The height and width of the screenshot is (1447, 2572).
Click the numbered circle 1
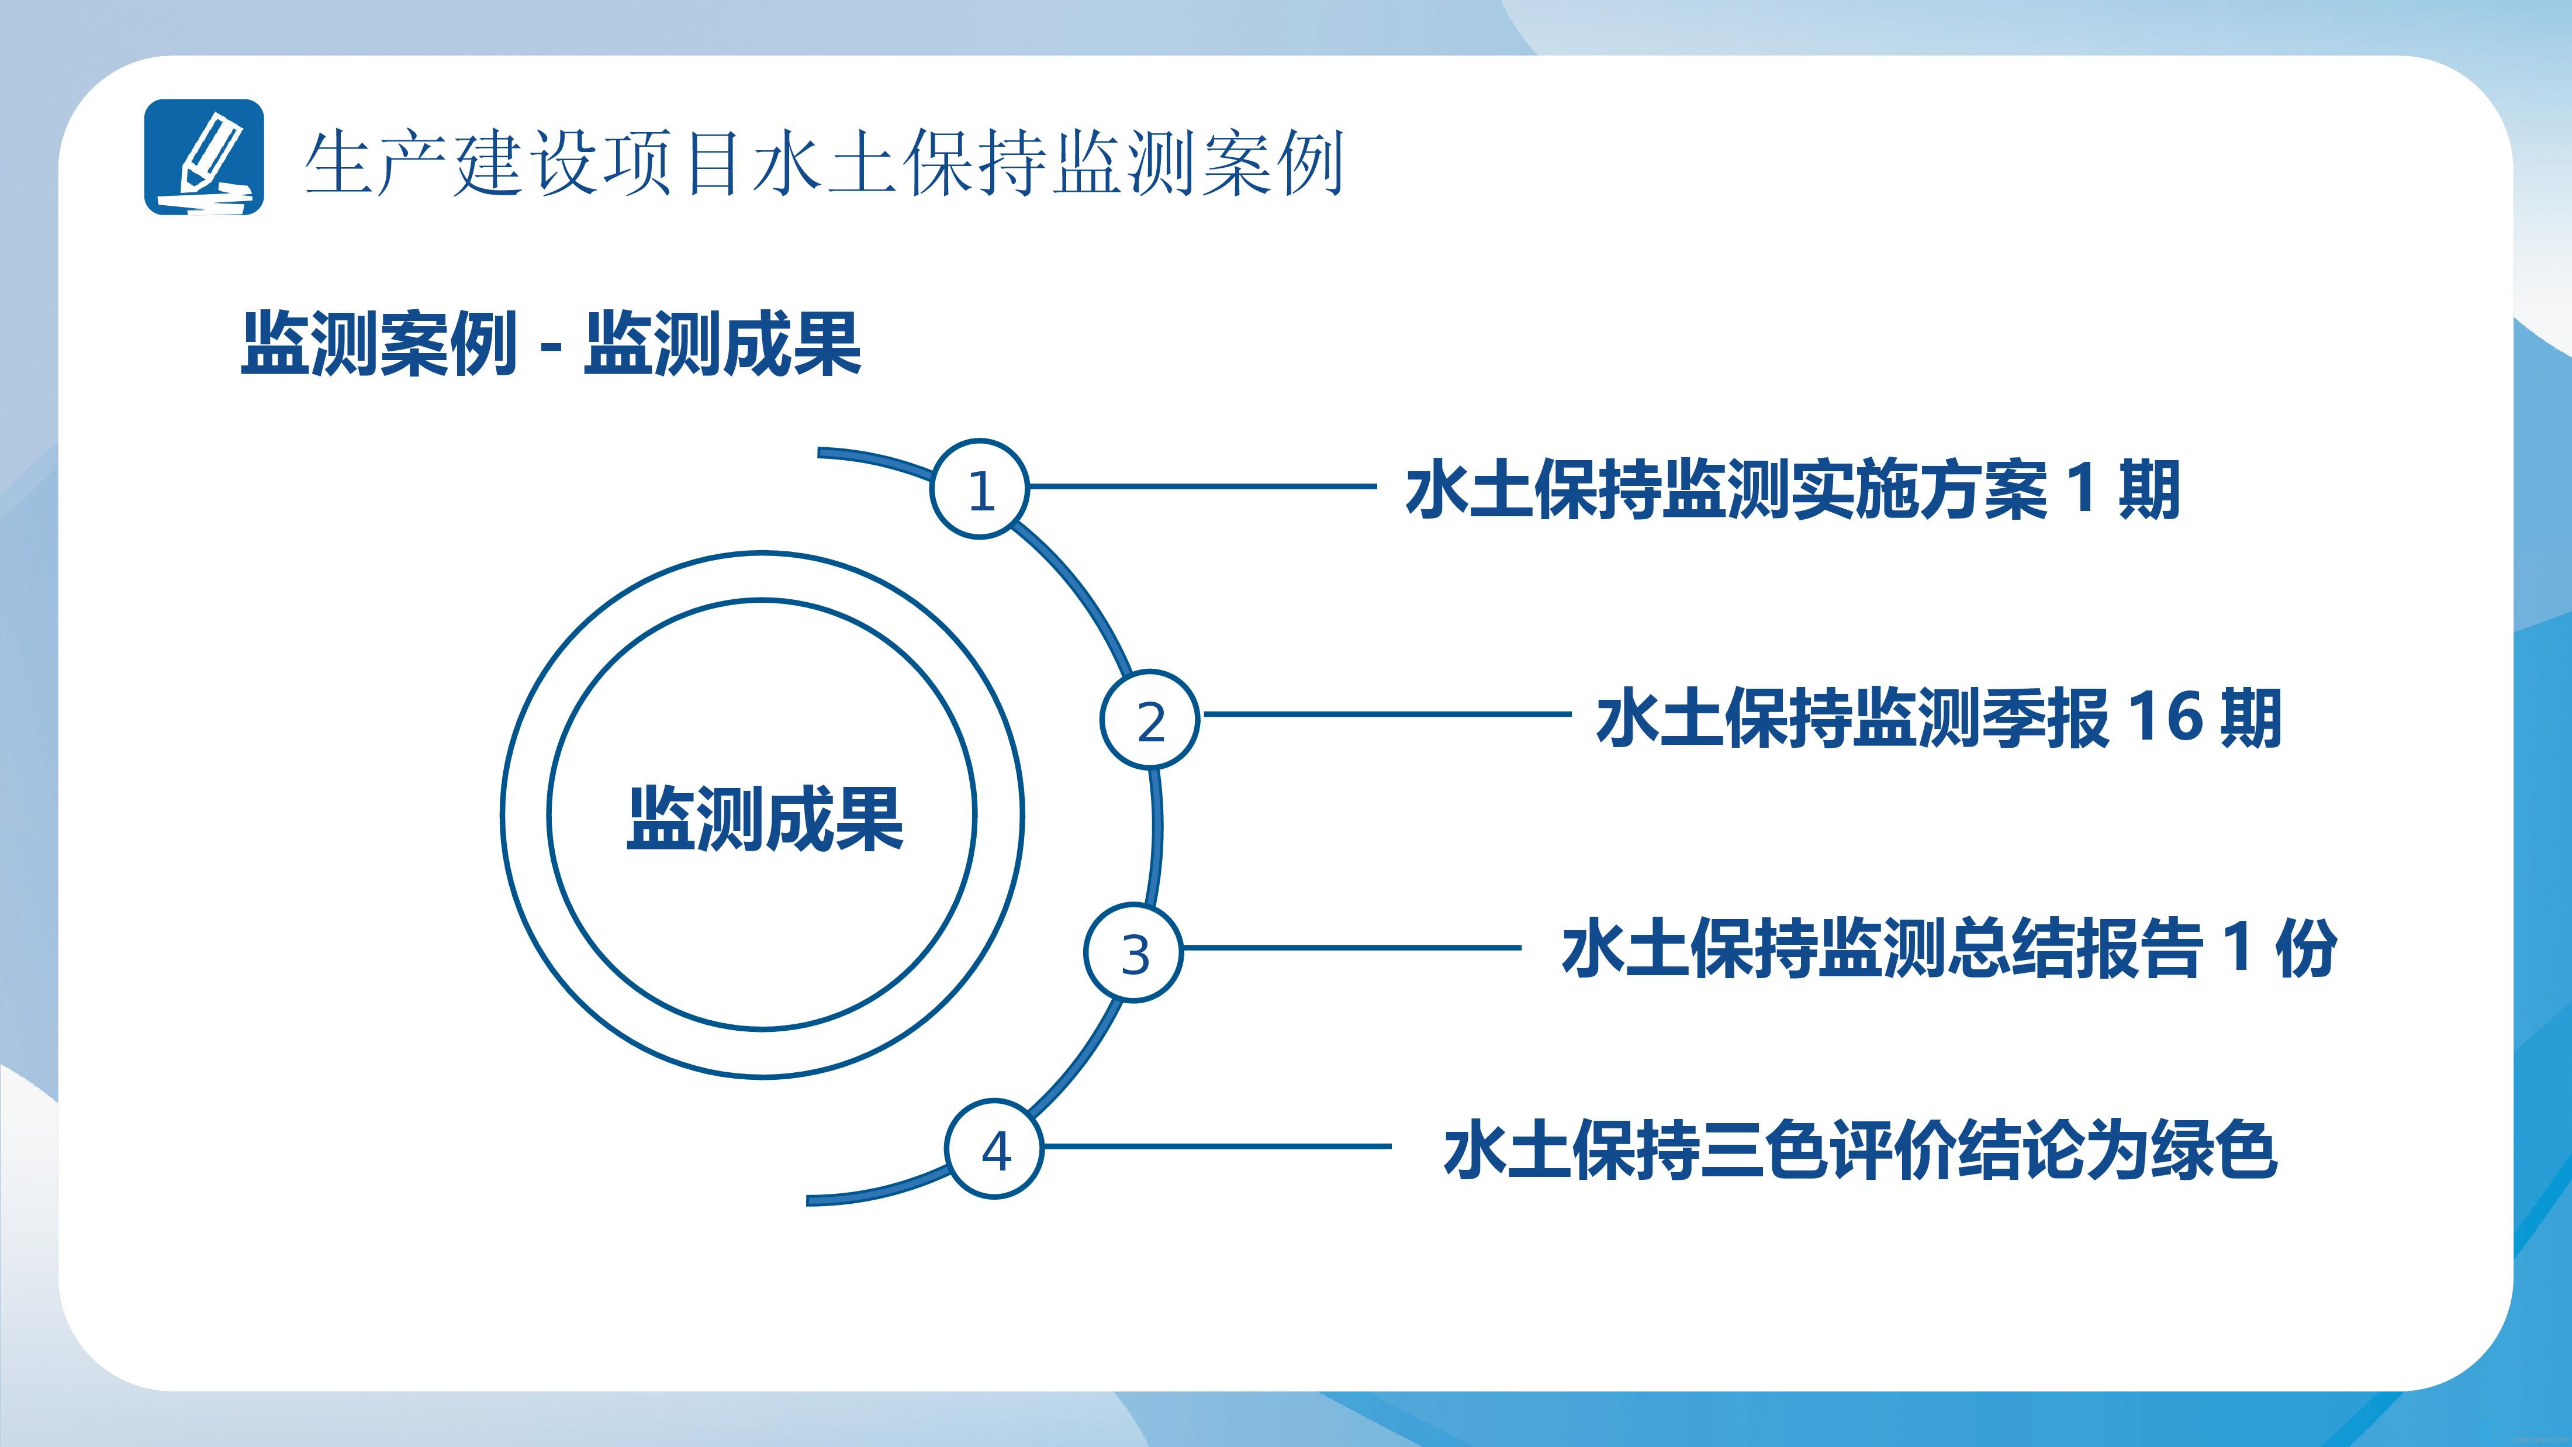click(980, 488)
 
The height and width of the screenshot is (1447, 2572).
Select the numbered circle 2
click(1150, 719)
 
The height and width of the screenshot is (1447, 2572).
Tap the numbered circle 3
click(1133, 953)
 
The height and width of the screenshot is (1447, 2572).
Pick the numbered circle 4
click(994, 1148)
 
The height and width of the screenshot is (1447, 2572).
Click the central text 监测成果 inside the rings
click(765, 819)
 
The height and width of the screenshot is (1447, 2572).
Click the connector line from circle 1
click(1203, 486)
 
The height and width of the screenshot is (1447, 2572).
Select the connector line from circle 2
click(1386, 714)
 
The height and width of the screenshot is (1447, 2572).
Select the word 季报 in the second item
click(2046, 717)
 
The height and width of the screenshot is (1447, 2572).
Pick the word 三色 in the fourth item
click(1765, 1151)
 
